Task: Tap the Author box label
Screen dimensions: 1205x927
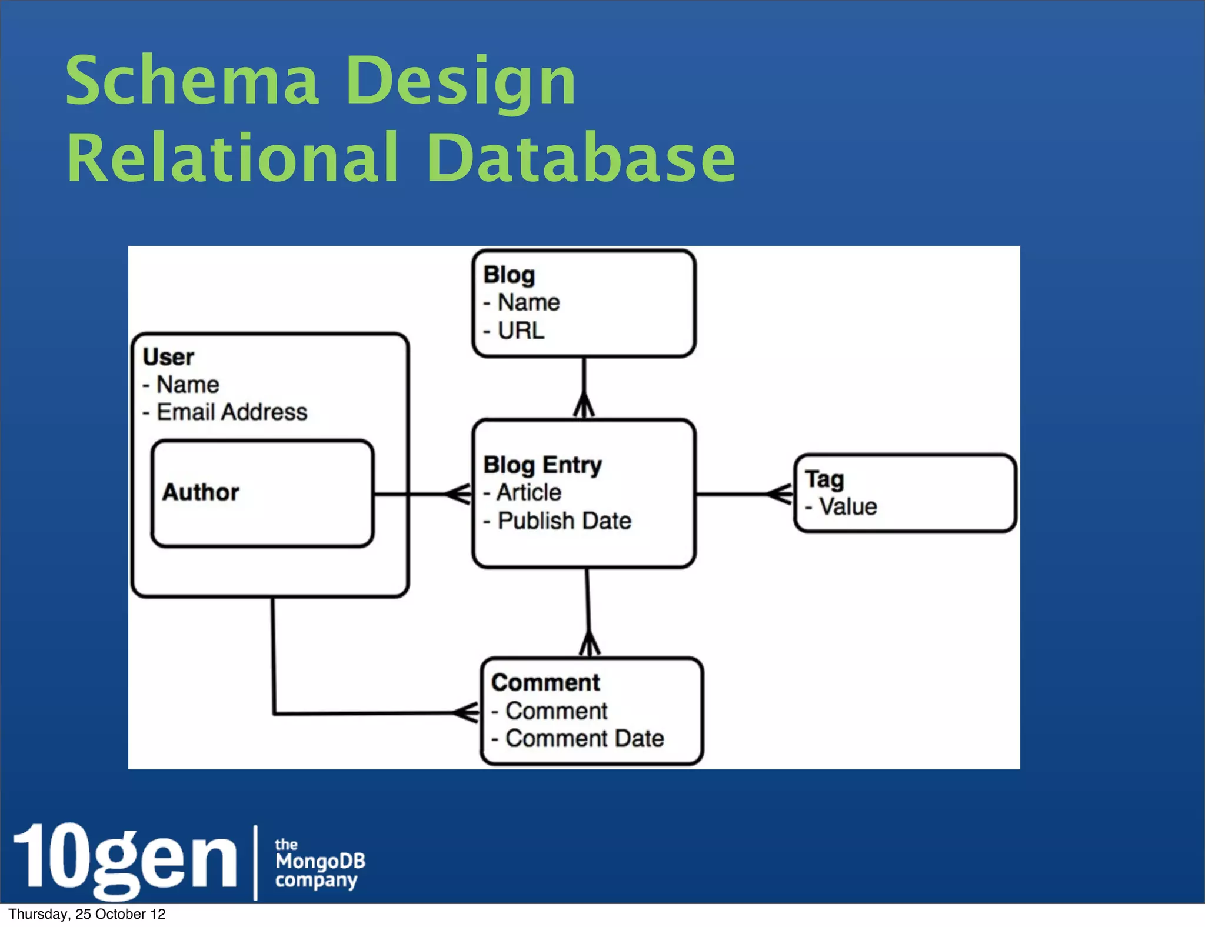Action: point(201,492)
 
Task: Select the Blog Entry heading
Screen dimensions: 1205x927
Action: point(542,465)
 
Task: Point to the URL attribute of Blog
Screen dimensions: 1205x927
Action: point(521,331)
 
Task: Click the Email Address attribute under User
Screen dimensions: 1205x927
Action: point(232,412)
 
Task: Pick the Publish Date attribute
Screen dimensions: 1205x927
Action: point(564,521)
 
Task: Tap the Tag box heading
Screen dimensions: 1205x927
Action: point(824,479)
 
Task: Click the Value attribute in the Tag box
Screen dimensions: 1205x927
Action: point(848,506)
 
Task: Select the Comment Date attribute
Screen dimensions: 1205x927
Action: point(584,738)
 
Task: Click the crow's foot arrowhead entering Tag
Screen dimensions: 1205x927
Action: point(780,494)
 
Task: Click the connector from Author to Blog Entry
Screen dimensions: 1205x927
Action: point(412,494)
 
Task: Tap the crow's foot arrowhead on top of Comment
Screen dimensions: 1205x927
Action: point(590,644)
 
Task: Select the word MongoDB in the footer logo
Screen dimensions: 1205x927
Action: point(320,861)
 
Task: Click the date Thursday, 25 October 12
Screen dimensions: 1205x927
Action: point(87,914)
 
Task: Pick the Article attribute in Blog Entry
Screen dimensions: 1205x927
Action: point(528,492)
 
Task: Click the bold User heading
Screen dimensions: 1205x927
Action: point(168,357)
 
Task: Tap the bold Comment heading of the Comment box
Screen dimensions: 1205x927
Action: point(545,682)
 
